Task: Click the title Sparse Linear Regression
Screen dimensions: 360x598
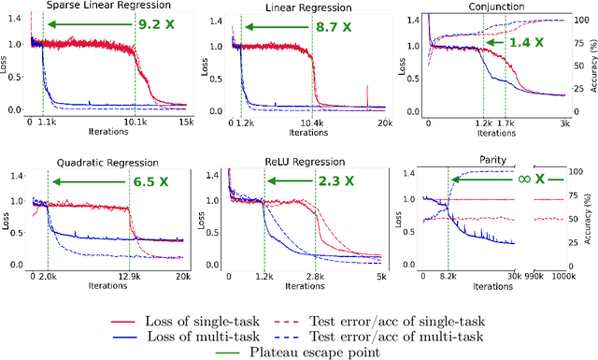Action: coord(96,7)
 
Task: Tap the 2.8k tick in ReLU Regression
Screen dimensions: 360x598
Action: coord(313,278)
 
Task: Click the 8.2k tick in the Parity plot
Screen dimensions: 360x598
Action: coord(448,278)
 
